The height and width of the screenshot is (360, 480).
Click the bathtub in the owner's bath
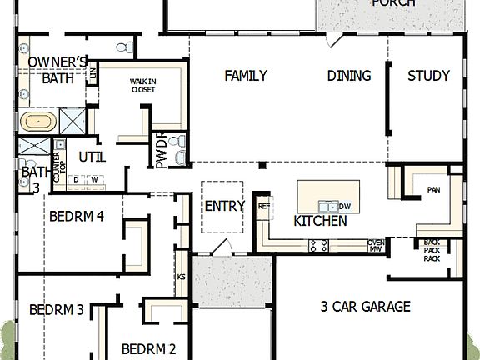click(38, 121)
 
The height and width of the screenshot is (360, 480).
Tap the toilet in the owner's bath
click(122, 47)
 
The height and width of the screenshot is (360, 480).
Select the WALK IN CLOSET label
click(142, 86)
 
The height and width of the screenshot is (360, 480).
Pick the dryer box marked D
click(77, 179)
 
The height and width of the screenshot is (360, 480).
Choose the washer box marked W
click(94, 179)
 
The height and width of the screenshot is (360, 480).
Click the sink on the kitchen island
click(327, 205)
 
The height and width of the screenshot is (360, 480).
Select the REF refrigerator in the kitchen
click(264, 206)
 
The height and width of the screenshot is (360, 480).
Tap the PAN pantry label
click(433, 190)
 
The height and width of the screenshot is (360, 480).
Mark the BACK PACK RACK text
click(432, 250)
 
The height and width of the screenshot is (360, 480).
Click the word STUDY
click(428, 76)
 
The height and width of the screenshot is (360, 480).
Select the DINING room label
click(348, 76)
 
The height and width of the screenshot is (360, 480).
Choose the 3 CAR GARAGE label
click(365, 307)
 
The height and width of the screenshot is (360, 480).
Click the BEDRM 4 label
click(76, 216)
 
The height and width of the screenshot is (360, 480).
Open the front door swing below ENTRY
click(220, 247)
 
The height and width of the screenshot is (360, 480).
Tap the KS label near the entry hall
click(181, 277)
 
